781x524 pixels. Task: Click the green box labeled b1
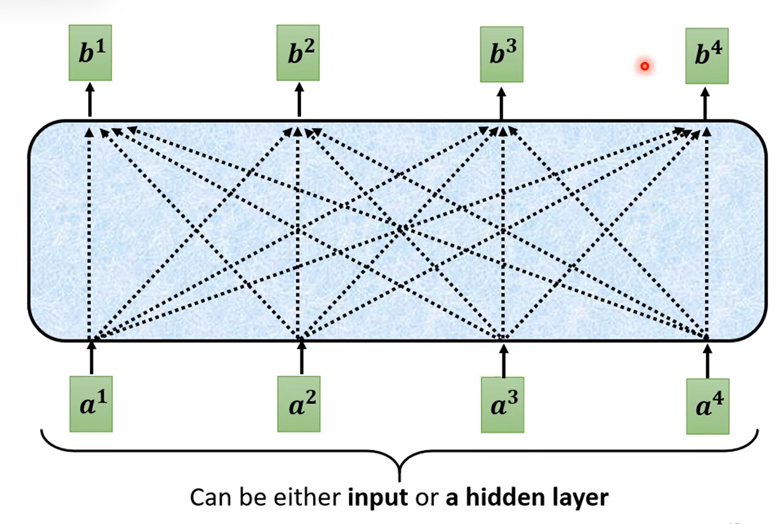point(90,53)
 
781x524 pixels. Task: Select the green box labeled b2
point(298,53)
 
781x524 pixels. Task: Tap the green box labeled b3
point(502,54)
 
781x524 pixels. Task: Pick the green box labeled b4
point(707,56)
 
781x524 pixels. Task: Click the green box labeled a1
point(91,404)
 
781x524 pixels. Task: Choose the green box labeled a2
point(298,404)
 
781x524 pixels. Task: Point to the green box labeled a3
point(502,405)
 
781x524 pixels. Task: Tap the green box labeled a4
point(707,406)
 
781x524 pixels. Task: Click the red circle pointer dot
point(644,66)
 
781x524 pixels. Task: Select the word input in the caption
point(378,497)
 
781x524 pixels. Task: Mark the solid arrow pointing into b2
point(299,100)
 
